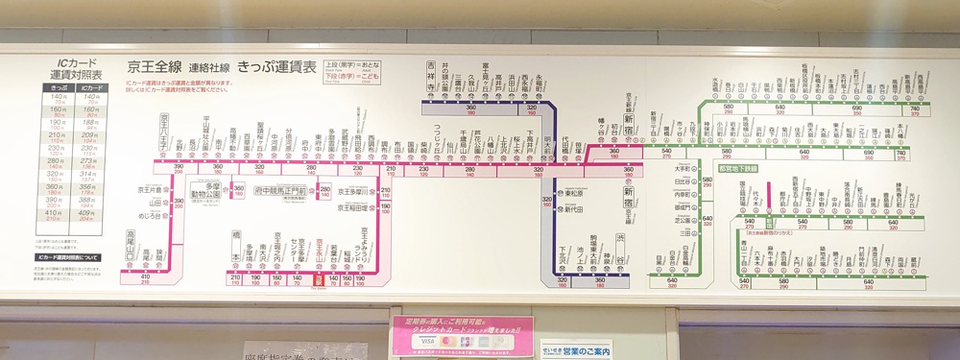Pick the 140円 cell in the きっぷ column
(59, 97)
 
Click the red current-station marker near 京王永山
(319, 281)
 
